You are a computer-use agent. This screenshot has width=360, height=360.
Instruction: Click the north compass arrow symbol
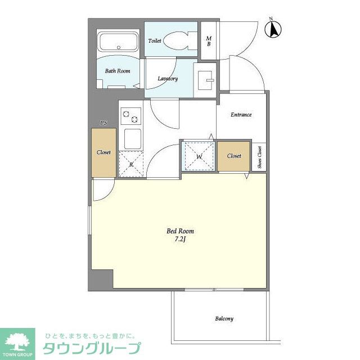click(273, 29)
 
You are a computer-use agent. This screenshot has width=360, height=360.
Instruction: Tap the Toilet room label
click(155, 41)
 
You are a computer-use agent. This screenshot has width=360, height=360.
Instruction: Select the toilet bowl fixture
click(179, 40)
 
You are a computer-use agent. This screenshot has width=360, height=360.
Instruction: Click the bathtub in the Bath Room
click(118, 42)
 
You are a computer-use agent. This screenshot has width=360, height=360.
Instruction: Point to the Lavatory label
click(168, 79)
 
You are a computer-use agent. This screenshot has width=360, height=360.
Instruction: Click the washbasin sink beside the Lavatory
click(205, 80)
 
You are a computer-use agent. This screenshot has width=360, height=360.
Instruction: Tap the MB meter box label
click(209, 41)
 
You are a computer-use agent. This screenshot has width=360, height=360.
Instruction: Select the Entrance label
click(241, 115)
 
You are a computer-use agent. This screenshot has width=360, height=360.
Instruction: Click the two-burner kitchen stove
click(130, 116)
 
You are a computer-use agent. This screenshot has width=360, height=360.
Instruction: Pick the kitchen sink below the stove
click(133, 139)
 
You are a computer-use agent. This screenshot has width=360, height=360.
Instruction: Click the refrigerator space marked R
click(131, 164)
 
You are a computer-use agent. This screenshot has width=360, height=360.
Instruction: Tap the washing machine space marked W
click(199, 156)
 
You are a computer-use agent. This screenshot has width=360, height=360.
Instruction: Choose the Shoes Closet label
click(259, 157)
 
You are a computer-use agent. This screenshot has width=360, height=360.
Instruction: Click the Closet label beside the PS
click(103, 152)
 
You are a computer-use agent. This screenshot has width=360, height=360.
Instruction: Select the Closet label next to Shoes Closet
click(234, 156)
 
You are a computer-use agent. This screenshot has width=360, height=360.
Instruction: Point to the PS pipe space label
click(103, 123)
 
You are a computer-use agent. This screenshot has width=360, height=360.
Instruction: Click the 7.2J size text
click(180, 239)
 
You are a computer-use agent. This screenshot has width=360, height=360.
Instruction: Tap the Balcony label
click(224, 319)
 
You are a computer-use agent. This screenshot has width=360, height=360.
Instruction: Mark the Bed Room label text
click(180, 231)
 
